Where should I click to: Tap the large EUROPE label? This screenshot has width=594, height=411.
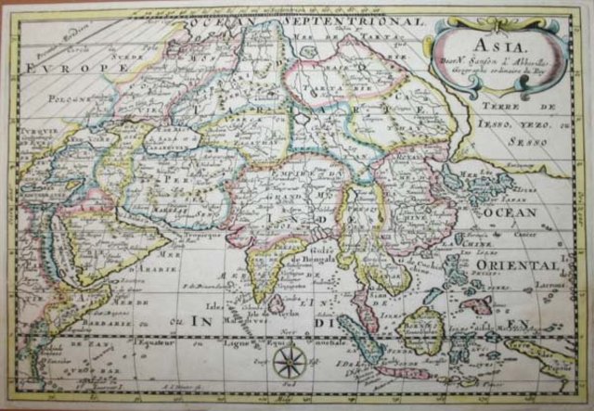coord(62,69)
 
